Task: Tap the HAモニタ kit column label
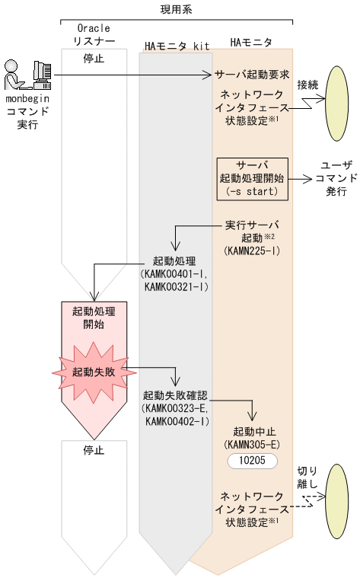tap(177, 46)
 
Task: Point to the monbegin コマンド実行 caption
tap(28, 111)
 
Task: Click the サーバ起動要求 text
tap(252, 75)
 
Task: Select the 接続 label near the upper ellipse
tap(307, 84)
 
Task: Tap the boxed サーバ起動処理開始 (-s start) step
tap(253, 179)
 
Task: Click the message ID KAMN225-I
tap(252, 250)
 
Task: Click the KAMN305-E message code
tap(252, 443)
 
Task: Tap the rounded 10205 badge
tap(252, 461)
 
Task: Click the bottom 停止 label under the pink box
tap(93, 450)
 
